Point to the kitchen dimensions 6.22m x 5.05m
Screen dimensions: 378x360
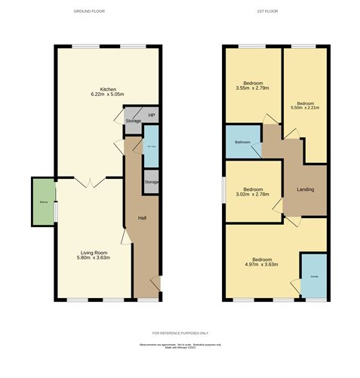[107, 94]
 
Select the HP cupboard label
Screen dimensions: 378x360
[151, 115]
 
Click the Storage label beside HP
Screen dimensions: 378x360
[134, 121]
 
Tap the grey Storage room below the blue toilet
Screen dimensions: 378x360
[152, 183]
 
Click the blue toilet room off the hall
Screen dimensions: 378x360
[151, 148]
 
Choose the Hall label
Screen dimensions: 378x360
[142, 218]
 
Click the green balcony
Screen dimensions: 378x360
[42, 201]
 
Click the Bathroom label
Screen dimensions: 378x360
[242, 142]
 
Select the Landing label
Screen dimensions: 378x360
[306, 189]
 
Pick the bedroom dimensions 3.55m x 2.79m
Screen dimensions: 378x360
[253, 89]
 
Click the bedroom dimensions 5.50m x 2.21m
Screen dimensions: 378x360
[305, 108]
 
